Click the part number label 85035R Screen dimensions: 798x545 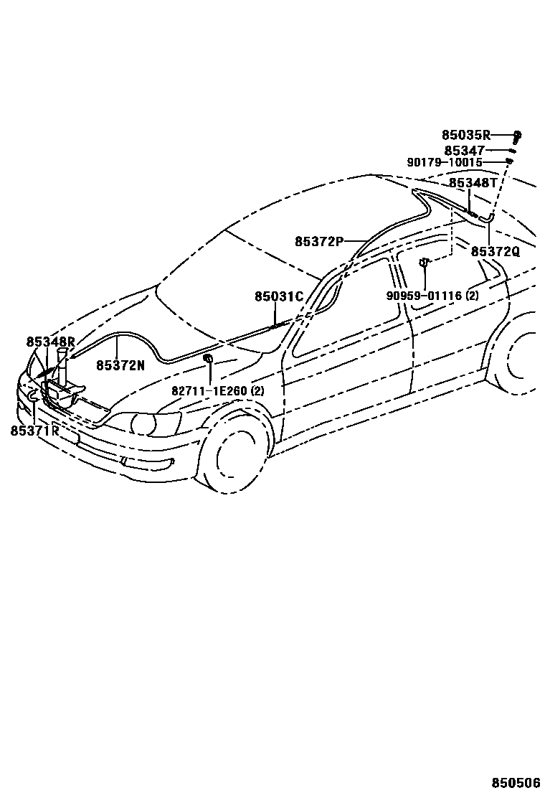pos(465,134)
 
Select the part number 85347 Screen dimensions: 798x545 pos(465,151)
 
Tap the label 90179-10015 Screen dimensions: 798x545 pos(445,163)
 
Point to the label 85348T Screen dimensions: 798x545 pos(473,184)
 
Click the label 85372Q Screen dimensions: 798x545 pos(495,251)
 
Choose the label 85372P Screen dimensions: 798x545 pos(319,241)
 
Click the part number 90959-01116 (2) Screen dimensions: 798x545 pos(432,295)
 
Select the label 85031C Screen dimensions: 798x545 pos(279,296)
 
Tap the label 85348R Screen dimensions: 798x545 pos(50,342)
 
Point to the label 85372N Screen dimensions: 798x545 pos(120,365)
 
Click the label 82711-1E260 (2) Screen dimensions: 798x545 pos(217,391)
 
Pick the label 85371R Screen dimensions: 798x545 pos(34,431)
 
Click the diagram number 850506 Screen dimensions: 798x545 pos(515,781)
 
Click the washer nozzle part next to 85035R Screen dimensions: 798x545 pos(517,135)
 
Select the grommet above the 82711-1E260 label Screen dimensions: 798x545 pos(207,357)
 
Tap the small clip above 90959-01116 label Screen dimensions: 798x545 pos(424,263)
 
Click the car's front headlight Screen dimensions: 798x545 pos(148,423)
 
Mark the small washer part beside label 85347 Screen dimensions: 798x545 pos(512,151)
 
